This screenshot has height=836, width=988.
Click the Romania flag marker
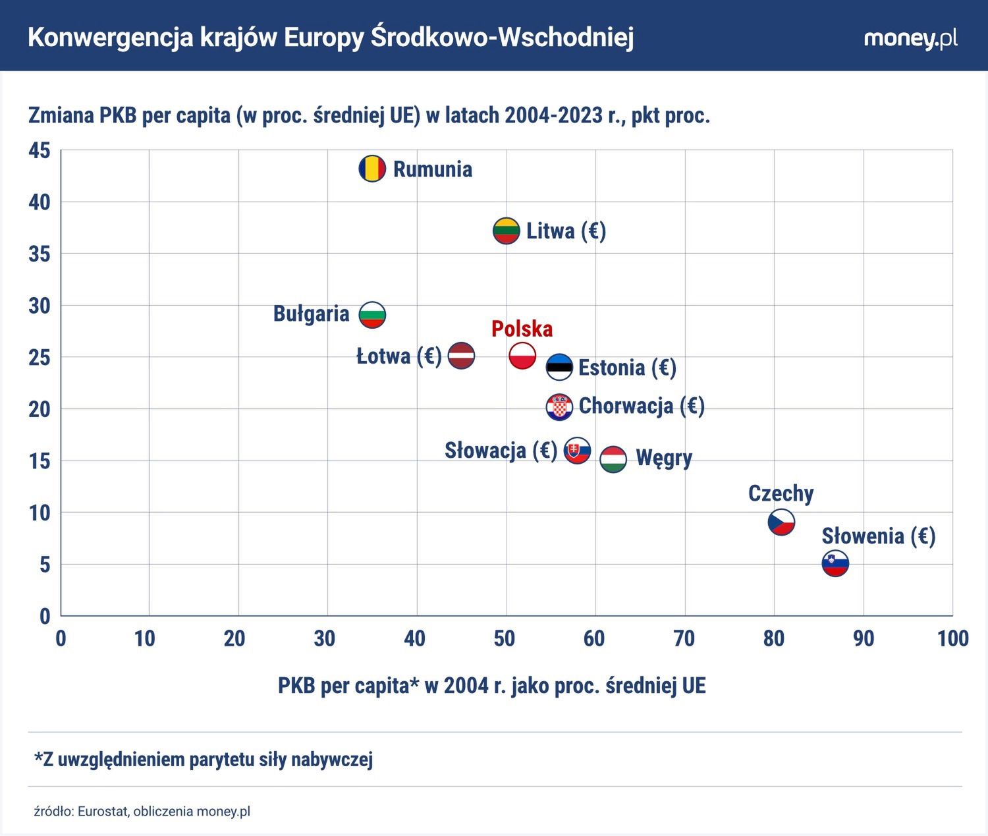click(x=372, y=169)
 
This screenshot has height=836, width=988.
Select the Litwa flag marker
click(x=506, y=231)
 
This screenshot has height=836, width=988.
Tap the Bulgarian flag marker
click(x=372, y=315)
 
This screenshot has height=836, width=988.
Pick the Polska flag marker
click(x=522, y=356)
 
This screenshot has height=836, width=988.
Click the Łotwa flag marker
click(x=461, y=356)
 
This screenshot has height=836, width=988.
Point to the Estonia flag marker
click(x=560, y=367)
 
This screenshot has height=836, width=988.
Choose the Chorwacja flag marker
click(x=559, y=408)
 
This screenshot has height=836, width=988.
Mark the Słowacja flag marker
click(x=578, y=451)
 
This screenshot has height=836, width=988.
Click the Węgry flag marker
click(x=613, y=459)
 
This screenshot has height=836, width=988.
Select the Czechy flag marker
click(x=781, y=522)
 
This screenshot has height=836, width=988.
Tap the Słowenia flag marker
click(x=835, y=564)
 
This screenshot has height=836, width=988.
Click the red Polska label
click(x=522, y=329)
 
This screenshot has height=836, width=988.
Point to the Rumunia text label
click(x=433, y=169)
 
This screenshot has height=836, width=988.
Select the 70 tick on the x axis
click(x=684, y=638)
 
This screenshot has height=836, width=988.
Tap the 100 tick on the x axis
click(x=952, y=638)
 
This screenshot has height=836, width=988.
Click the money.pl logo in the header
click(x=910, y=38)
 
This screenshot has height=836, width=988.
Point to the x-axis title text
click(x=491, y=686)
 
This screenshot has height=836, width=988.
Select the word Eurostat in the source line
click(x=102, y=811)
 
